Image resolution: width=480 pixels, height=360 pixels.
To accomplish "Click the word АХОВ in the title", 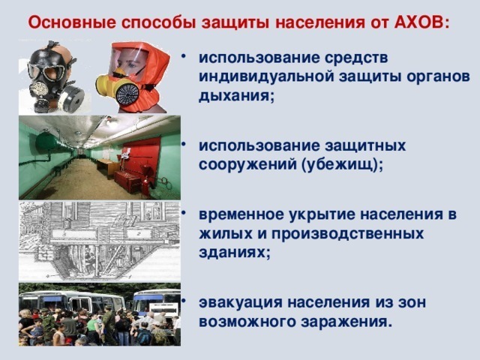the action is pos(418,22).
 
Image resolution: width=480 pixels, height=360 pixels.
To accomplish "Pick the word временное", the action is pos(241,214).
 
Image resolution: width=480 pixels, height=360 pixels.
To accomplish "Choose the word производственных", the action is pos(348,235).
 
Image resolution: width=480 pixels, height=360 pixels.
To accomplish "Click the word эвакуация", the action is pos(240,302).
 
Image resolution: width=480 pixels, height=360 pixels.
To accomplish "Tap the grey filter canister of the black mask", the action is pos(71,98).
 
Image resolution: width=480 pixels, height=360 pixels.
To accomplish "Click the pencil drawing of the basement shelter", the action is pos(100,241).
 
